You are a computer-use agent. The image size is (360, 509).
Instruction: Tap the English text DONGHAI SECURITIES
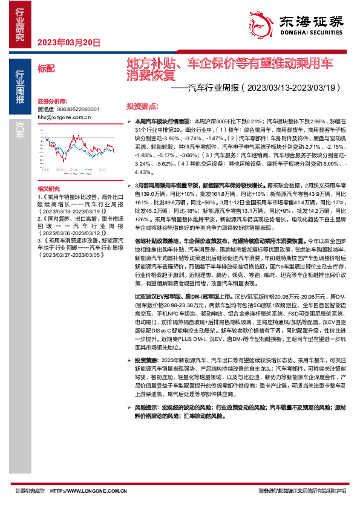coord(310,35)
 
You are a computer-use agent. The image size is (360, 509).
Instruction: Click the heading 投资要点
coord(141,105)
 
